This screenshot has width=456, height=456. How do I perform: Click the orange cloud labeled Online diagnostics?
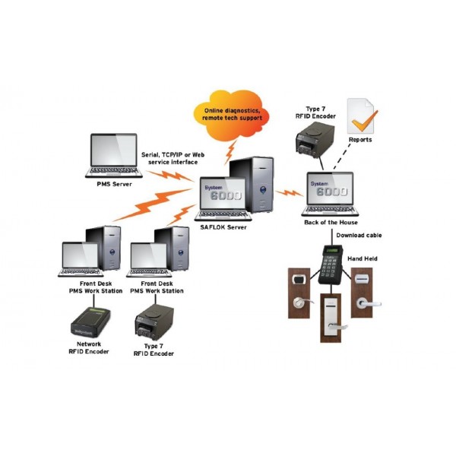[233, 114]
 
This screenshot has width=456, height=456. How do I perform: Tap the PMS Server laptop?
[113, 155]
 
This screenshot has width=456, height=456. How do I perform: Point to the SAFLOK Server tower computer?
[258, 182]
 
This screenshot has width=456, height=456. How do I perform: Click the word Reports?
[360, 141]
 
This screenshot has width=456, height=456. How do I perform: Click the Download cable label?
[359, 236]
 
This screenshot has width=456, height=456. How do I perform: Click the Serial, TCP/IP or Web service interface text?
[169, 157]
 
